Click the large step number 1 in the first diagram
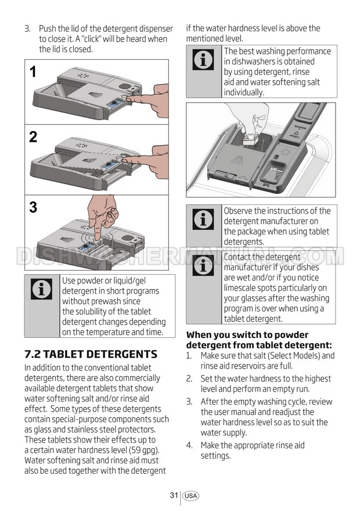pos(33,71)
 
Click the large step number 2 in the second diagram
pos(33,137)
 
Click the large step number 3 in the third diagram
pos(33,207)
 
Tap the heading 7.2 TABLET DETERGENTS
pos(91,354)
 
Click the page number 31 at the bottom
pos(174,495)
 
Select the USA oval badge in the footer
pos(190,496)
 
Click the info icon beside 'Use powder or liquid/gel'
pos(41,289)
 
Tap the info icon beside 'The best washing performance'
pos(203,60)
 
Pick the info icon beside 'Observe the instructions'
pos(203,219)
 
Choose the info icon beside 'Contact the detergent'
pos(203,265)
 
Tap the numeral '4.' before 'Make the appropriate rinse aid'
pos(190,445)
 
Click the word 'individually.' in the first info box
pos(244,92)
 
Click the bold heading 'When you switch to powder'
pos(247,334)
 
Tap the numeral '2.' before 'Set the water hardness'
pos(190,379)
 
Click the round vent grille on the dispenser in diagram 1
pos(124,87)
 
